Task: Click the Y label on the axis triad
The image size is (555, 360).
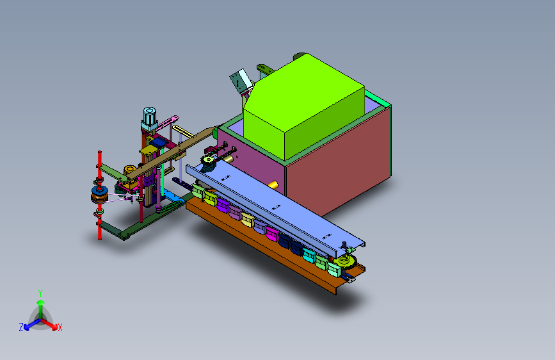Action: (x=40, y=293)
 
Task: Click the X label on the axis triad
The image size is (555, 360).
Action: (x=60, y=327)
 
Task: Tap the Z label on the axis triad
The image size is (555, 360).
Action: (x=21, y=327)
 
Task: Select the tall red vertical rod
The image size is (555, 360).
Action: (x=100, y=195)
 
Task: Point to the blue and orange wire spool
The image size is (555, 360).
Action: (x=99, y=195)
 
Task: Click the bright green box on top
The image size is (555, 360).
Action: (x=303, y=106)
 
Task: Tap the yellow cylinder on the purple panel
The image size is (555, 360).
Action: (x=273, y=184)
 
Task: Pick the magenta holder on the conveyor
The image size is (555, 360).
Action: (x=272, y=234)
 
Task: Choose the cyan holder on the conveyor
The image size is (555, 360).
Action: (x=309, y=255)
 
